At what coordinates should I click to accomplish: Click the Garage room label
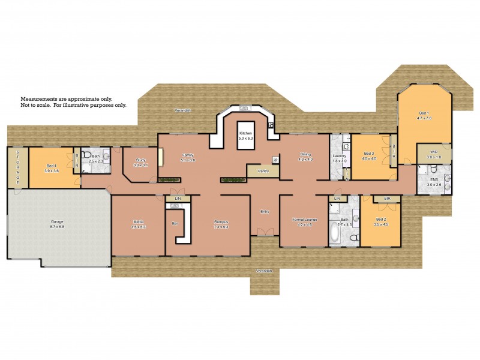click(56, 222)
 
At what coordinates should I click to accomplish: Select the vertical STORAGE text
click(17, 168)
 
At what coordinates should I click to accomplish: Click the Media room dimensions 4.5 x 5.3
click(139, 227)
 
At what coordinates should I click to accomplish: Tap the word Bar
click(175, 223)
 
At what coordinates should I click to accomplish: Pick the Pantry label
click(263, 171)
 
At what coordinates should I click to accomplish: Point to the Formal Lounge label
click(305, 220)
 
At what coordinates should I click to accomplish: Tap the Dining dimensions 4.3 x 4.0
click(306, 160)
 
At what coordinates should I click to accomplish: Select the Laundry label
click(340, 156)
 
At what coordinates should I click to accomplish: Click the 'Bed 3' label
click(368, 154)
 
